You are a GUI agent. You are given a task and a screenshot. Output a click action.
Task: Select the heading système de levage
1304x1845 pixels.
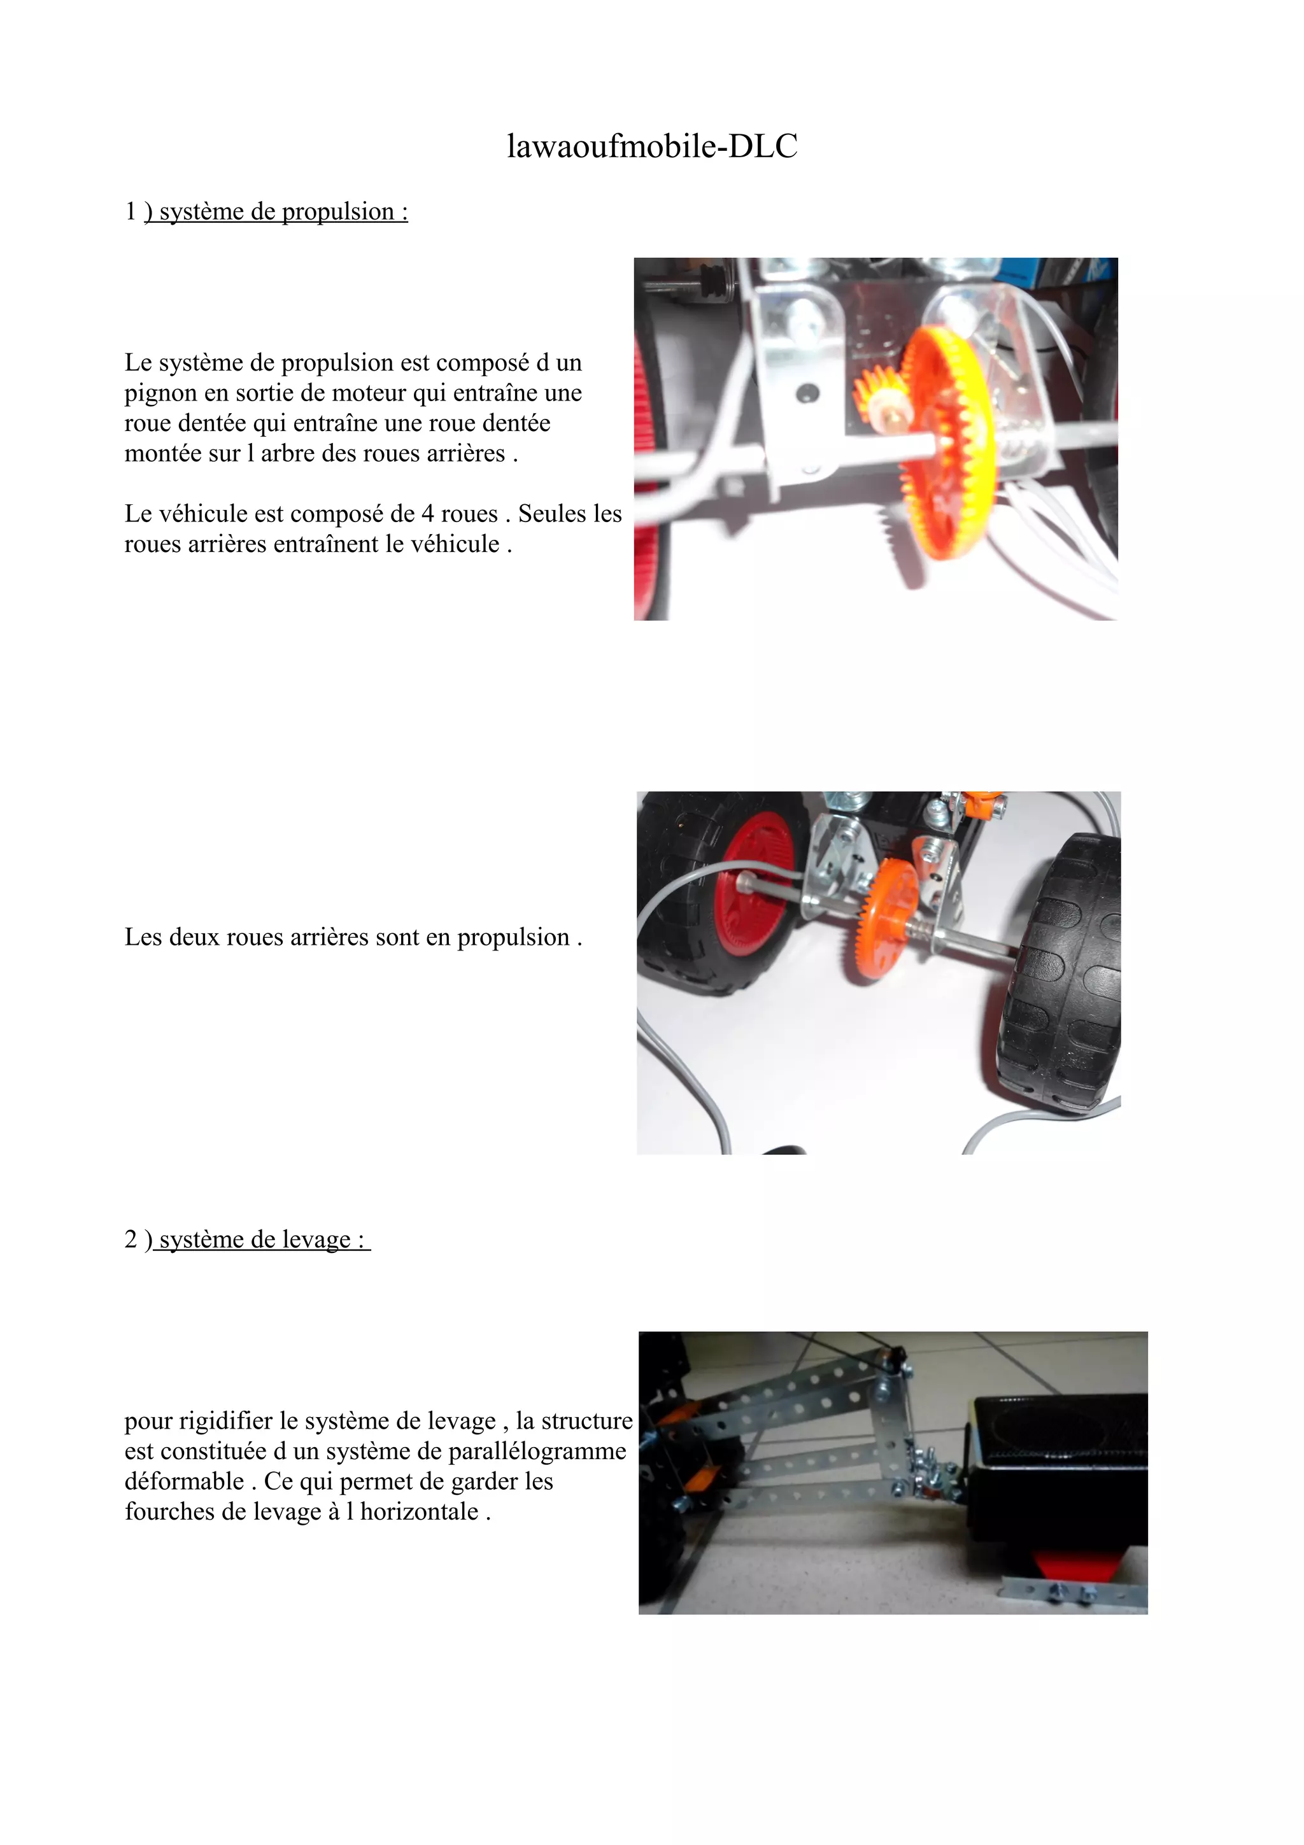pyautogui.click(x=262, y=1239)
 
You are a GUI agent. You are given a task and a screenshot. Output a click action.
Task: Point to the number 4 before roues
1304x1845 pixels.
pyautogui.click(x=427, y=514)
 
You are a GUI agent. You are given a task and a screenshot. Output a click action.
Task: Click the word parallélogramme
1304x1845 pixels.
pyautogui.click(x=537, y=1452)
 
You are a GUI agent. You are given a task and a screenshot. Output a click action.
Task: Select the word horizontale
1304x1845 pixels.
pyautogui.click(x=420, y=1511)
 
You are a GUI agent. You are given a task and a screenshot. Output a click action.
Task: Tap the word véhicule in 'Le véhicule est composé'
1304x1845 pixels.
pyautogui.click(x=202, y=514)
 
